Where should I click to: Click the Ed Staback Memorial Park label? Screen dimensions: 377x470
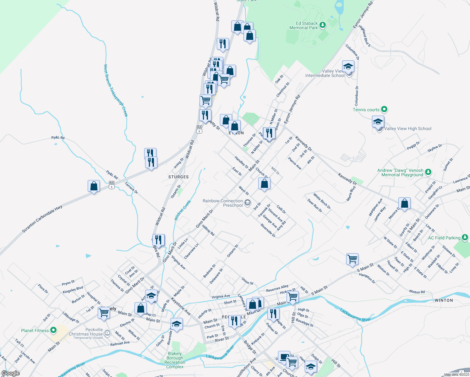tap(303, 25)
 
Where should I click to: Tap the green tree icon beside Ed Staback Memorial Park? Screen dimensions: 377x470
tap(322, 25)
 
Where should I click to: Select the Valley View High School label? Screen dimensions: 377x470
tap(407, 128)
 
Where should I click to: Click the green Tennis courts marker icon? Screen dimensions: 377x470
tap(384, 109)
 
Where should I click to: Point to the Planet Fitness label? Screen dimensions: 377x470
tap(35, 331)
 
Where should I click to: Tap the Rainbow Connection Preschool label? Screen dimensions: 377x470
tap(223, 203)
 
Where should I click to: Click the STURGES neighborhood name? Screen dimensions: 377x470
tap(178, 177)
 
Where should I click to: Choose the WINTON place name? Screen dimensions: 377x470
tap(444, 300)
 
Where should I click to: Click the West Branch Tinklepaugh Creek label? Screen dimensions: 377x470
tap(116, 90)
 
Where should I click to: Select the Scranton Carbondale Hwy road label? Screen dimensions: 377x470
tap(42, 219)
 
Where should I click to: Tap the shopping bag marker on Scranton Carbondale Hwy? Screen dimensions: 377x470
tap(94, 186)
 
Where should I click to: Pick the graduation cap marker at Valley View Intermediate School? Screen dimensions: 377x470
tap(348, 67)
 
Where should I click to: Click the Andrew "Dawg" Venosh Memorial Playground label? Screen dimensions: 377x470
tap(400, 172)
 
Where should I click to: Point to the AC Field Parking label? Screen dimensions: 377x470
tap(444, 238)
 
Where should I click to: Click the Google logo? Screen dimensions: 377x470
tap(11, 373)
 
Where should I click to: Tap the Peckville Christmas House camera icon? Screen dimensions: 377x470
tap(107, 332)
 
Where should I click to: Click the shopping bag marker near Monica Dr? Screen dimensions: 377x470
tap(404, 204)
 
